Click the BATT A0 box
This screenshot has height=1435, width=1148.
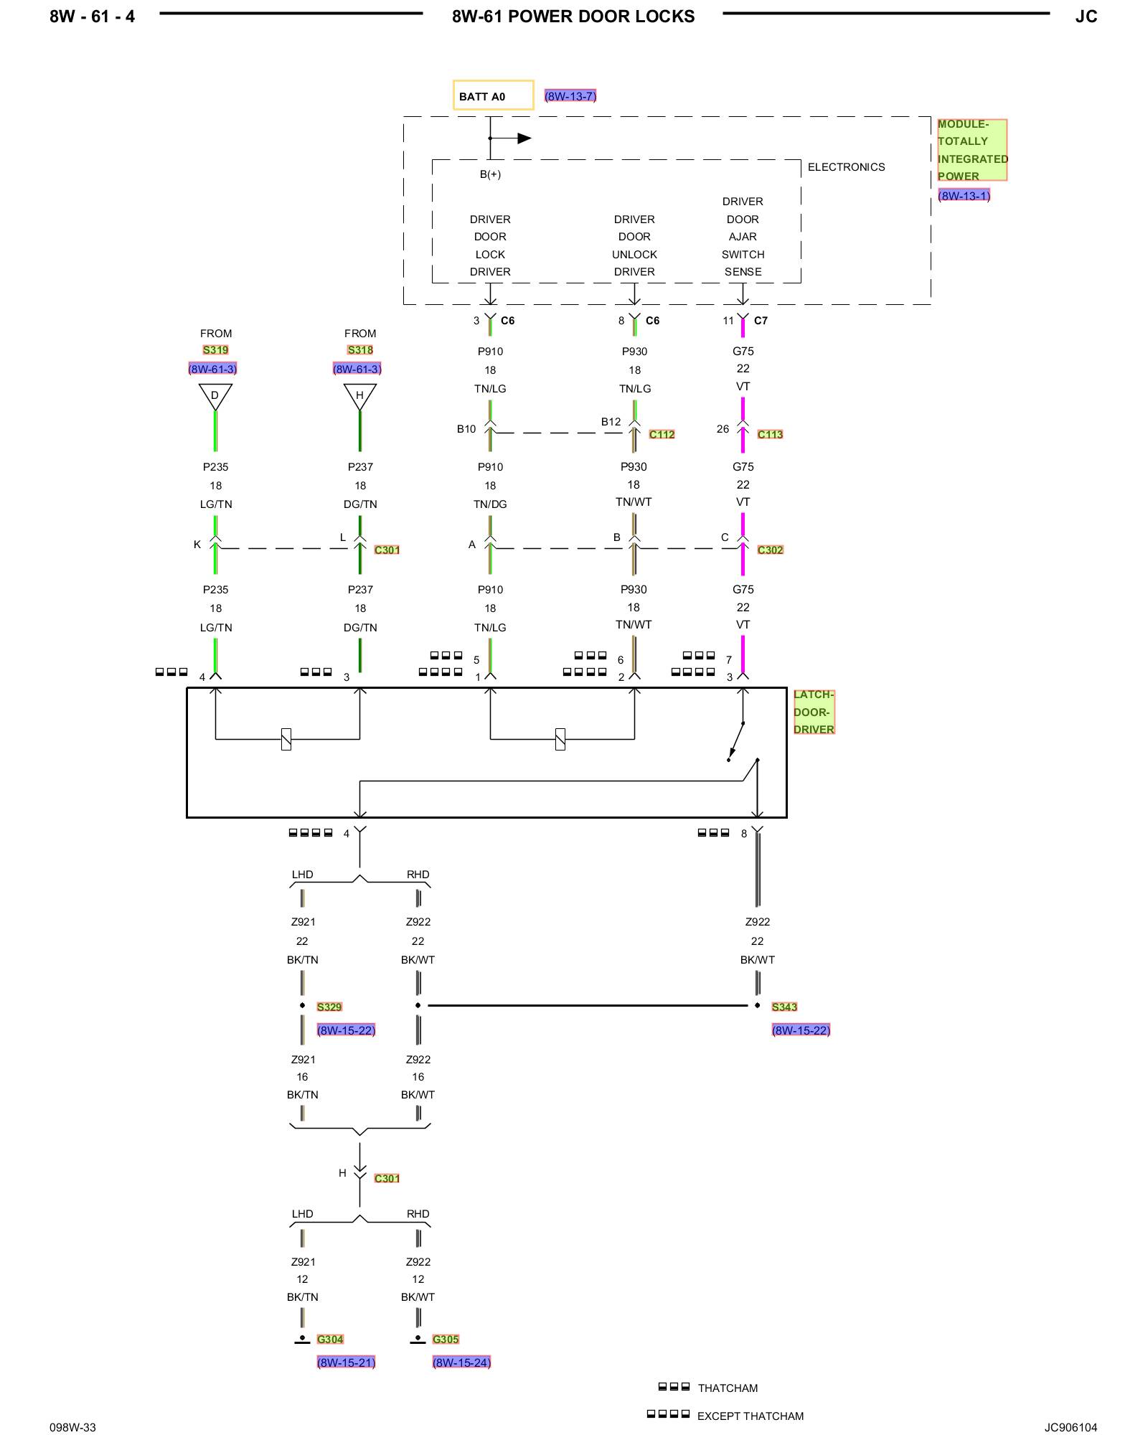point(493,95)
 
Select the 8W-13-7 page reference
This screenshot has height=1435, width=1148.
point(570,96)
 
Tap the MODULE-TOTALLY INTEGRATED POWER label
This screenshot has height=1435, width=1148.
point(972,150)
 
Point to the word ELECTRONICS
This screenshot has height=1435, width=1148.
point(846,167)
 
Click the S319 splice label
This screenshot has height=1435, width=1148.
point(215,350)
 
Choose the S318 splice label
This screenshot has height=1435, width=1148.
point(360,350)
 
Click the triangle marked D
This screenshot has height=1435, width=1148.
point(215,396)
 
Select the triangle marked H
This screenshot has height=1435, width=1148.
point(360,396)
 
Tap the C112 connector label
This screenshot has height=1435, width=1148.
point(662,435)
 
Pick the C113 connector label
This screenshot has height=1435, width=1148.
point(770,435)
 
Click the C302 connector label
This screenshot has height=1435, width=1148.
point(770,550)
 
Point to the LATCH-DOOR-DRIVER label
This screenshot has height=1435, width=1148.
point(814,712)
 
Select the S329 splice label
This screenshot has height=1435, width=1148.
point(329,1007)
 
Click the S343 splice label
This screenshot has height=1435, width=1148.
point(784,1007)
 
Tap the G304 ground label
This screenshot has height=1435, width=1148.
point(330,1340)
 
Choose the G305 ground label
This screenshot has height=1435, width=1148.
point(446,1340)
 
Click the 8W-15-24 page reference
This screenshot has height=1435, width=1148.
point(461,1363)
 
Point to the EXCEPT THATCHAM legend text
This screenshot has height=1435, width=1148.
point(751,1416)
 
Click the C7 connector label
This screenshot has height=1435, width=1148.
point(761,321)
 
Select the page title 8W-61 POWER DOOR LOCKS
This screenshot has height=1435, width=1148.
point(573,17)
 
